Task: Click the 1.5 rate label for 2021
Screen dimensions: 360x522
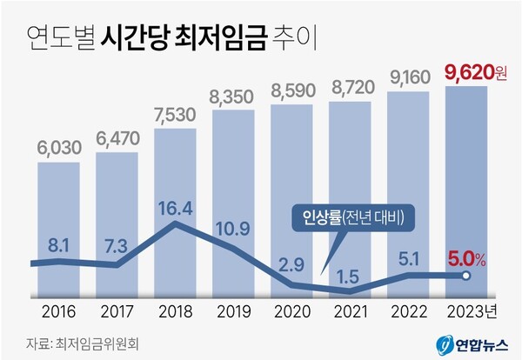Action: click(350, 276)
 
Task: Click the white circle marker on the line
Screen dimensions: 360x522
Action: click(466, 276)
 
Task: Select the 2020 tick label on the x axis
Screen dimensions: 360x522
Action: click(291, 310)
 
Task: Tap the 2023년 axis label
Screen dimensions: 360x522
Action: click(469, 310)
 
